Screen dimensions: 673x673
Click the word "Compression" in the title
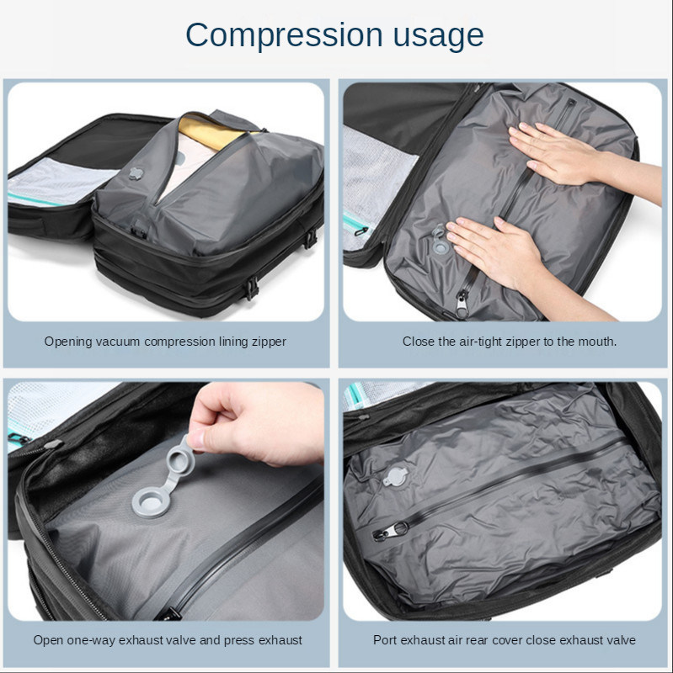284,36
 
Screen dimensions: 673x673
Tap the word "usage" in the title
438,36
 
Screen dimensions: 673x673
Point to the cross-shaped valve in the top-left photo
136,172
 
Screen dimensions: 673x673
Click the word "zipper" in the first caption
269,342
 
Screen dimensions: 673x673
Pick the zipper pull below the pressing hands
462,304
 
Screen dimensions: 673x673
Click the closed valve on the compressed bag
395,477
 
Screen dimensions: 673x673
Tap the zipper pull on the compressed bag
389,532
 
